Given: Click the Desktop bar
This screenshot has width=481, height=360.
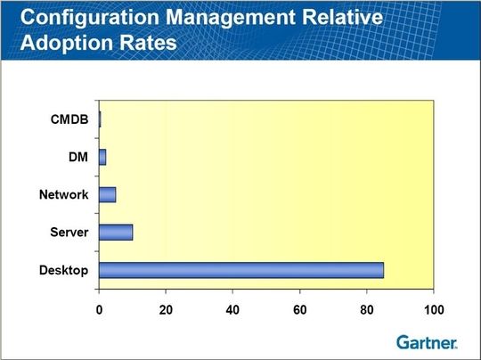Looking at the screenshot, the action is (241, 270).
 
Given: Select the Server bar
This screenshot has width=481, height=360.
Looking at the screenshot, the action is (116, 233).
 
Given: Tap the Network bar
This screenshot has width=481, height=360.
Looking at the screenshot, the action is (108, 194).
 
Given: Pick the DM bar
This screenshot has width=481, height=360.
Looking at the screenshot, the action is (102, 157).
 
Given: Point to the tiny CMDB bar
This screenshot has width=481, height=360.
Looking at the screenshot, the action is (100, 119).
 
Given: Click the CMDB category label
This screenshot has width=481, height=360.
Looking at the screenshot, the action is (69, 119).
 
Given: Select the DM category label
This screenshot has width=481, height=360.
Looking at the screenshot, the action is (78, 157).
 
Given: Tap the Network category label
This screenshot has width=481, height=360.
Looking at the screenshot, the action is (64, 194).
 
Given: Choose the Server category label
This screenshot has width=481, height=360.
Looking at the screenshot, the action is (69, 233).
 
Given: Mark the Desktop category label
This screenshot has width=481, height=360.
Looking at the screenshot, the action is (64, 270).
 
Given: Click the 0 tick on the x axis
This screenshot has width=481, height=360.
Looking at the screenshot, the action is (99, 310).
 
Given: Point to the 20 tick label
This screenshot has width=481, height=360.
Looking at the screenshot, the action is (166, 310).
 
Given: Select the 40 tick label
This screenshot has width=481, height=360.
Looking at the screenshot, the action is (232, 310).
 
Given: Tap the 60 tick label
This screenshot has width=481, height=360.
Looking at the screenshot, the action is (299, 310).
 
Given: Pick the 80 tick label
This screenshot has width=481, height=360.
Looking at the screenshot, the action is (367, 310).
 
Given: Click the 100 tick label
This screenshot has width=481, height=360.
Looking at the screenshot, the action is (434, 310).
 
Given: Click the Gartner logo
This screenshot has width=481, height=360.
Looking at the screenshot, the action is (427, 342).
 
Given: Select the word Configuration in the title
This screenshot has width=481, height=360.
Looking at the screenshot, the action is (90, 18).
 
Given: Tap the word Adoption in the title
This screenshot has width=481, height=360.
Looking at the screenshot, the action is (67, 43).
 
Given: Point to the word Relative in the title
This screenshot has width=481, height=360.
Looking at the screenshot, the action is (343, 16).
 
